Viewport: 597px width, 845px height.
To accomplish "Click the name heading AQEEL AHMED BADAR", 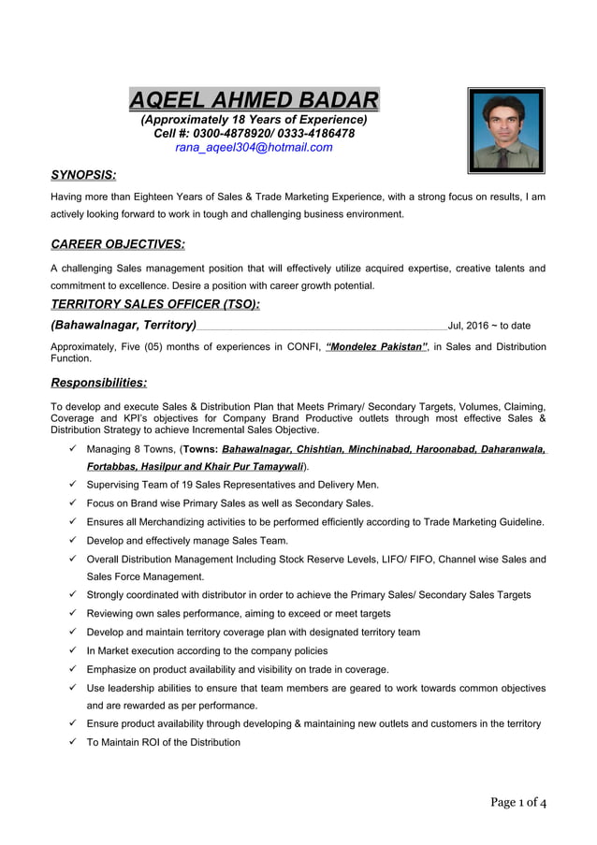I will [254, 99].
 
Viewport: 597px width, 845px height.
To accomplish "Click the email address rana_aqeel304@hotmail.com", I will [254, 147].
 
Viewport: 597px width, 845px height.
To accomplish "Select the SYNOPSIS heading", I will [83, 175].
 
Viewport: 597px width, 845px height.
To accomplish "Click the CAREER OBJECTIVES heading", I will [117, 244].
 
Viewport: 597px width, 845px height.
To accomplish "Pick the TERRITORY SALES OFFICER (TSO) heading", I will [154, 304].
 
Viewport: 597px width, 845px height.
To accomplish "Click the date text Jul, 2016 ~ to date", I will [489, 326].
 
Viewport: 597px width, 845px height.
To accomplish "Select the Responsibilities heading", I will [98, 382].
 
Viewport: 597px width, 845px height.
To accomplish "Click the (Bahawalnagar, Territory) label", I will [123, 325].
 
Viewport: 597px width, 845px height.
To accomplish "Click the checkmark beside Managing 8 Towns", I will [72, 449].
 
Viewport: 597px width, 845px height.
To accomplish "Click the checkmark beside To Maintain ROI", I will [72, 742].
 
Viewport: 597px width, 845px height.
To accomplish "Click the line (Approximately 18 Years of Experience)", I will [254, 120].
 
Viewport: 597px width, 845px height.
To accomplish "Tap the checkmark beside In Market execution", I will [72, 650].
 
